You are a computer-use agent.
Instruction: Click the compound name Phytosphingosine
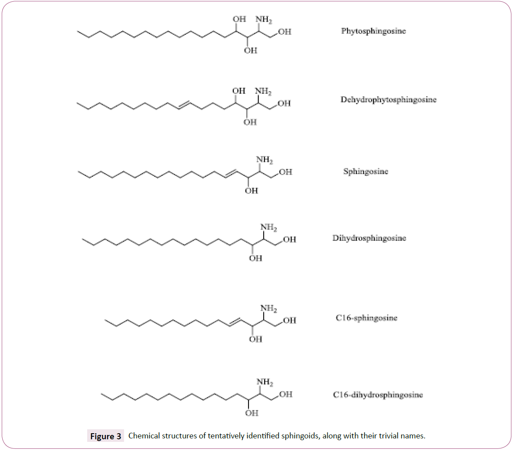click(373, 31)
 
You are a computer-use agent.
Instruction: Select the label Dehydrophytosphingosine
click(389, 100)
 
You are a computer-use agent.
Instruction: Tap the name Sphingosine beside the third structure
click(366, 171)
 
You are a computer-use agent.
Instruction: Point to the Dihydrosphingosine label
click(369, 238)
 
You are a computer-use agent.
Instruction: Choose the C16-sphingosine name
click(367, 318)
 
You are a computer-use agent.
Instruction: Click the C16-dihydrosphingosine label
click(378, 395)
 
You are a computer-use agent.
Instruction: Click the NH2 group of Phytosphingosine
click(264, 20)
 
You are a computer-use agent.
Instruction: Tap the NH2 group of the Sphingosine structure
click(265, 160)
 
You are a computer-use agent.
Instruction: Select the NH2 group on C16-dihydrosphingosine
click(265, 382)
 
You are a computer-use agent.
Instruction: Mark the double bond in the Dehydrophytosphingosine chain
click(184, 105)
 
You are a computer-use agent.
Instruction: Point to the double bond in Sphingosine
click(231, 174)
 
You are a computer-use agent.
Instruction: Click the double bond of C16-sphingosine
click(235, 322)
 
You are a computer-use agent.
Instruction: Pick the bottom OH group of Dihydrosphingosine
click(255, 258)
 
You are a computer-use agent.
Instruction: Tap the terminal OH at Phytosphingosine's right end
click(285, 32)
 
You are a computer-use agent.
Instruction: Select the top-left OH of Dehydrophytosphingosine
click(239, 91)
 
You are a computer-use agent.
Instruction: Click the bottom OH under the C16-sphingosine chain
click(255, 339)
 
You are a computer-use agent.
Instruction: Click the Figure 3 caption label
click(105, 436)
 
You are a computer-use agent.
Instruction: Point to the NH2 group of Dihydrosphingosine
click(269, 227)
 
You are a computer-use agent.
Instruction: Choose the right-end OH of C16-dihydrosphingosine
click(286, 394)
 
